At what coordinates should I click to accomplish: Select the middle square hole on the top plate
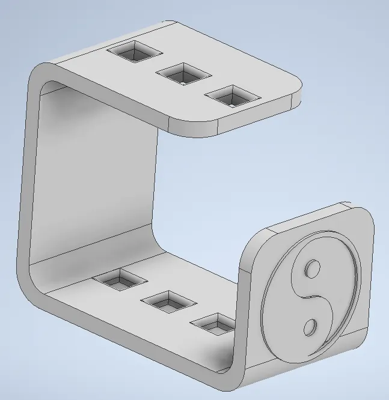(x=183, y=74)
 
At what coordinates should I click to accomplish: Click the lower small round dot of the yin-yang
(x=310, y=327)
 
